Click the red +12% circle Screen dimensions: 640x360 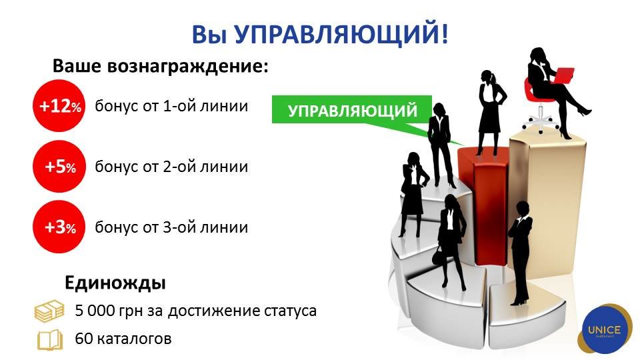point(59,106)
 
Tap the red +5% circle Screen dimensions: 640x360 point(59,167)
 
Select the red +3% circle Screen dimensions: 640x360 point(59,227)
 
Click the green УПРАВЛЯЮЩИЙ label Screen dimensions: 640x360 point(352,110)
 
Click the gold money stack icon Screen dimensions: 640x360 point(49,311)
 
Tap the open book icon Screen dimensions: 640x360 point(50,339)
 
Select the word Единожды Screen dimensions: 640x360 point(115,283)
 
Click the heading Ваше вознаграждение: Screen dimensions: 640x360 point(161,66)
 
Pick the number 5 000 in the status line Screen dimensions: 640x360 point(95,311)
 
